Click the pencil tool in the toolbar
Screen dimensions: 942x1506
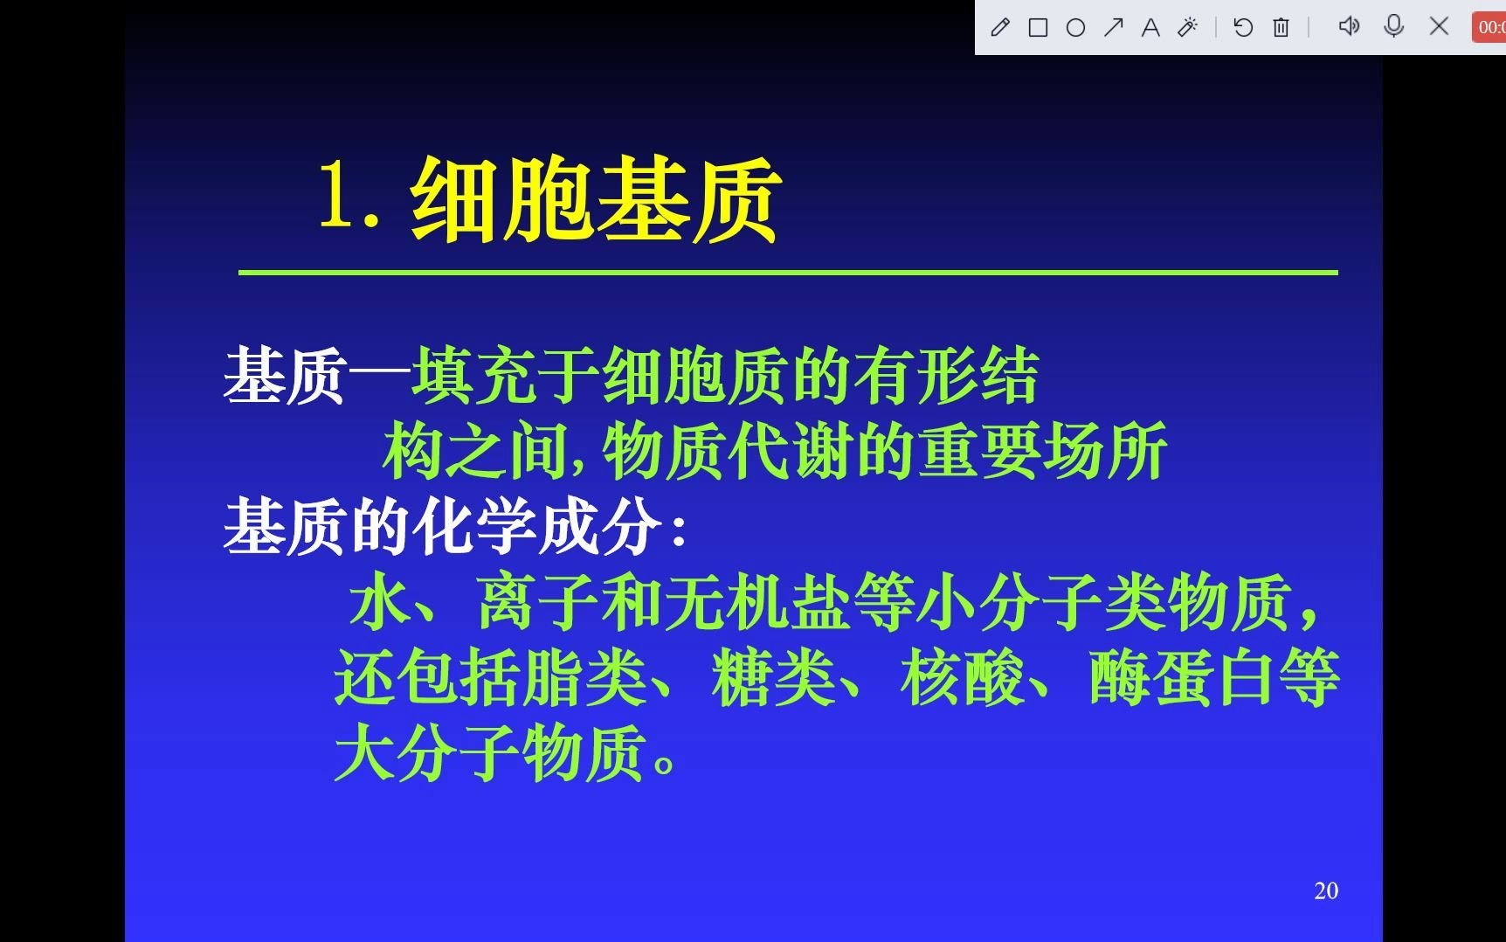point(1000,28)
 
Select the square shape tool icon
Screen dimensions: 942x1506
point(1038,28)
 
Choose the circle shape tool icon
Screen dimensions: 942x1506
point(1075,28)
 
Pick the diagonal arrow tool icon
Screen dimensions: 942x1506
point(1113,28)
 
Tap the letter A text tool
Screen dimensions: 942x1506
point(1150,28)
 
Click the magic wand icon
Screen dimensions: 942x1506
point(1188,28)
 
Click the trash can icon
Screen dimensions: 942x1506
point(1281,28)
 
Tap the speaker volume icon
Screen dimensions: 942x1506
point(1349,26)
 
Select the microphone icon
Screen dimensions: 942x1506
point(1394,26)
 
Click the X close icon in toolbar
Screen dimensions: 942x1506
point(1439,26)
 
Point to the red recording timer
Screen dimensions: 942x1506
point(1489,28)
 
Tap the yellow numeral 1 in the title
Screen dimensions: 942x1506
point(335,197)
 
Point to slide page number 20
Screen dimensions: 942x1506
point(1325,890)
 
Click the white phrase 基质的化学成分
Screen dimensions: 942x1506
point(442,527)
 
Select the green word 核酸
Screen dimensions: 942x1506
point(962,678)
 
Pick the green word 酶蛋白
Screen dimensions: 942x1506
point(1182,678)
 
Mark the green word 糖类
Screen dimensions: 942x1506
point(773,678)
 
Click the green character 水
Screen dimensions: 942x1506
point(380,602)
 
